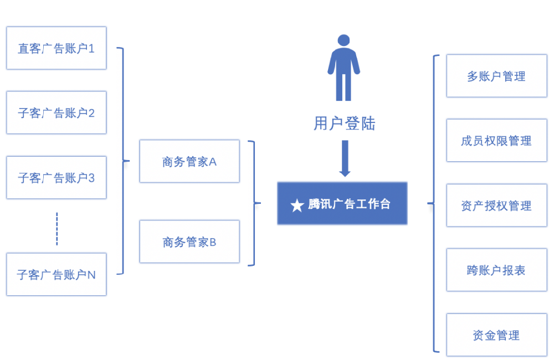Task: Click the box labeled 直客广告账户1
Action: [x=56, y=48]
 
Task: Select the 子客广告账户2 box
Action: [x=56, y=113]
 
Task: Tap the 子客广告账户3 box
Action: [x=56, y=178]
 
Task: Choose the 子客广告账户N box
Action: [x=56, y=274]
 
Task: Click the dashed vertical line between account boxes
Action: [x=57, y=228]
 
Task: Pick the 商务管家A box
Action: [x=189, y=161]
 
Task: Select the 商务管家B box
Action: [x=189, y=241]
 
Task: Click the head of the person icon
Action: [x=344, y=40]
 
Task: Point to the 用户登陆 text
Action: [x=344, y=123]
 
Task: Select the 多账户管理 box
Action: [x=496, y=76]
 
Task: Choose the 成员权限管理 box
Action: [x=496, y=141]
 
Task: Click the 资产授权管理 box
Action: [x=496, y=205]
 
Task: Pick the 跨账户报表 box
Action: [x=496, y=270]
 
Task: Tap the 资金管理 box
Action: [x=496, y=335]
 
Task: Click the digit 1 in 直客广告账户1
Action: [x=92, y=49]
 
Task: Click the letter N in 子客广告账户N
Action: [x=92, y=275]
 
